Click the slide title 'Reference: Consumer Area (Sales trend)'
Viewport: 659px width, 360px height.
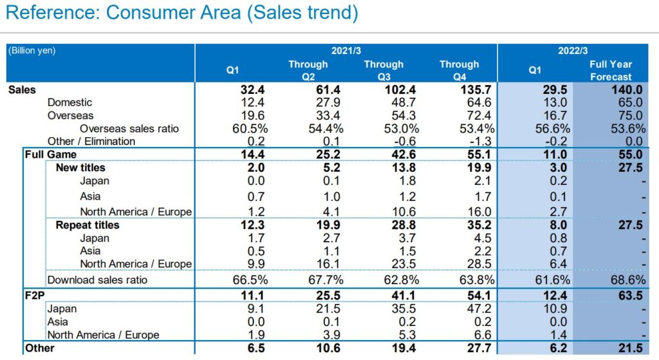(x=182, y=14)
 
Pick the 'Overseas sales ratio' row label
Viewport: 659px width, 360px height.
(x=120, y=128)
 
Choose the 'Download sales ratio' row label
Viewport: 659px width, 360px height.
(x=97, y=279)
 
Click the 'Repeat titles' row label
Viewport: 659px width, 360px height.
(x=88, y=225)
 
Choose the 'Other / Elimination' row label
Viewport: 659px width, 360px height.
(x=91, y=141)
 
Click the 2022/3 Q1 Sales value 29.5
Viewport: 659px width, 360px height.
(x=555, y=90)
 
